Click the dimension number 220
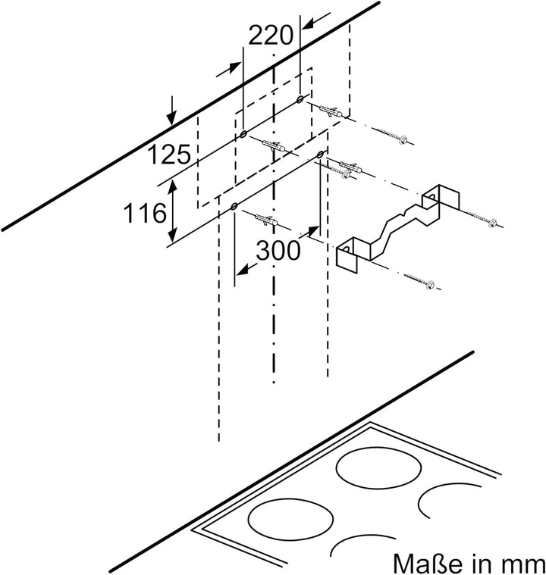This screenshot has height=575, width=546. tap(271, 36)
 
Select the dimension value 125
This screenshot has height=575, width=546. tap(169, 154)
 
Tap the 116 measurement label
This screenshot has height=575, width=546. tap(145, 213)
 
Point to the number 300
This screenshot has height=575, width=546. tap(278, 251)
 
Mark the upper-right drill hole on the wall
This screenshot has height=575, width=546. tap(300, 98)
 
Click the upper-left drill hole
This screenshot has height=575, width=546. tap(243, 134)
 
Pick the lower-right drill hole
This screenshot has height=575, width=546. tap(321, 154)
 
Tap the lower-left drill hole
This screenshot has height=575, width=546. tap(234, 207)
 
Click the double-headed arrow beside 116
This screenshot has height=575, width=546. tap(173, 211)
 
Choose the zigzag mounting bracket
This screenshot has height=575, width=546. tap(397, 228)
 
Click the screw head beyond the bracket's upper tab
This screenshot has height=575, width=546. tap(492, 222)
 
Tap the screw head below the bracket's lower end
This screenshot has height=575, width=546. tap(430, 284)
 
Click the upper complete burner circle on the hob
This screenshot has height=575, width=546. tap(379, 468)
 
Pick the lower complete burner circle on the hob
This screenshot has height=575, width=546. tap(290, 518)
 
